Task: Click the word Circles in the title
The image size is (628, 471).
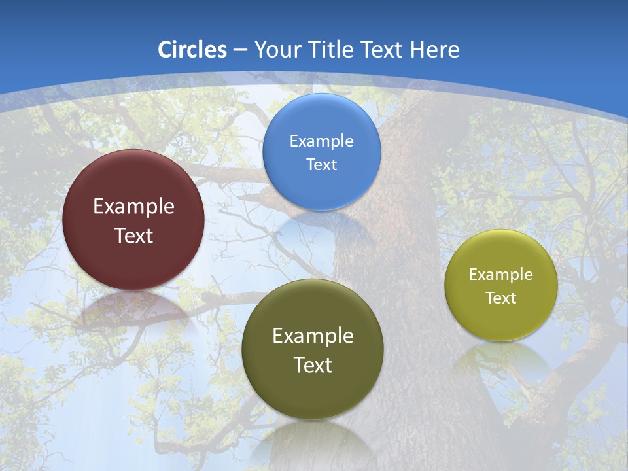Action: [x=192, y=50]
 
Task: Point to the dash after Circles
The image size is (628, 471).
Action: [x=240, y=50]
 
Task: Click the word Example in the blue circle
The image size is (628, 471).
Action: [x=321, y=141]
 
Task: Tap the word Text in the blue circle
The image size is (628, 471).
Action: [x=321, y=165]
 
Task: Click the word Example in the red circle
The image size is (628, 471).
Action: [x=133, y=207]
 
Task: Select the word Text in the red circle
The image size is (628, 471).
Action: [x=133, y=235]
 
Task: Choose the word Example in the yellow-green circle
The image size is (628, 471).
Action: [x=500, y=275]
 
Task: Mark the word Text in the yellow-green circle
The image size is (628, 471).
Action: [x=500, y=298]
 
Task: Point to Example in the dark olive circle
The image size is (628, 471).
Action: [x=313, y=336]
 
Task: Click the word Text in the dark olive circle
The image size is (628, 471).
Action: [x=313, y=365]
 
